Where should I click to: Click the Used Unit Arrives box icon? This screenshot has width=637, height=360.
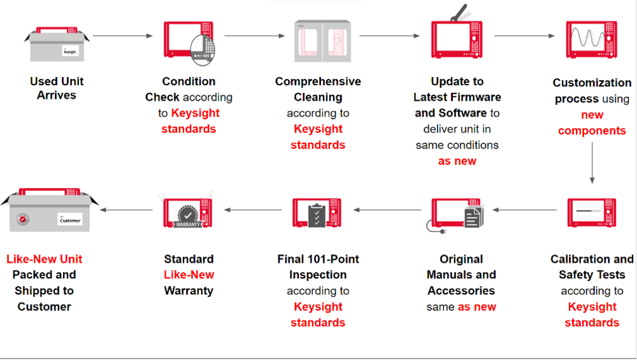coord(57,45)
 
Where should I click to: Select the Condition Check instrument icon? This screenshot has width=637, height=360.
coord(189,42)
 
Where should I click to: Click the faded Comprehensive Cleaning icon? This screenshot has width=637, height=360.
coord(322,41)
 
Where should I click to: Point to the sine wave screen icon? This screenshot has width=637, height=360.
coord(592,39)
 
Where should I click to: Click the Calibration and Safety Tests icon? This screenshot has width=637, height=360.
coord(592,212)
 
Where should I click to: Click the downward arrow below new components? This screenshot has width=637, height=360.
coord(592,162)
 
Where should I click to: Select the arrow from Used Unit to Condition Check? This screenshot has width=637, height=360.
coord(124,36)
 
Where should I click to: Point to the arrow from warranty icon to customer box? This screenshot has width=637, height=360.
coord(127,209)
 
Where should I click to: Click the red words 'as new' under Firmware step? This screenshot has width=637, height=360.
coord(457,161)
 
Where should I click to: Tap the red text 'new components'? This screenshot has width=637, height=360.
coord(592,123)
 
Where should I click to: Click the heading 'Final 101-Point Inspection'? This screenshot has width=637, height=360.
coord(318,267)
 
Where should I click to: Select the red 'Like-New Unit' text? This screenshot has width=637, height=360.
coord(44,259)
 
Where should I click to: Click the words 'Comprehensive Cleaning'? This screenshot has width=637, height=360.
coord(318,89)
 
